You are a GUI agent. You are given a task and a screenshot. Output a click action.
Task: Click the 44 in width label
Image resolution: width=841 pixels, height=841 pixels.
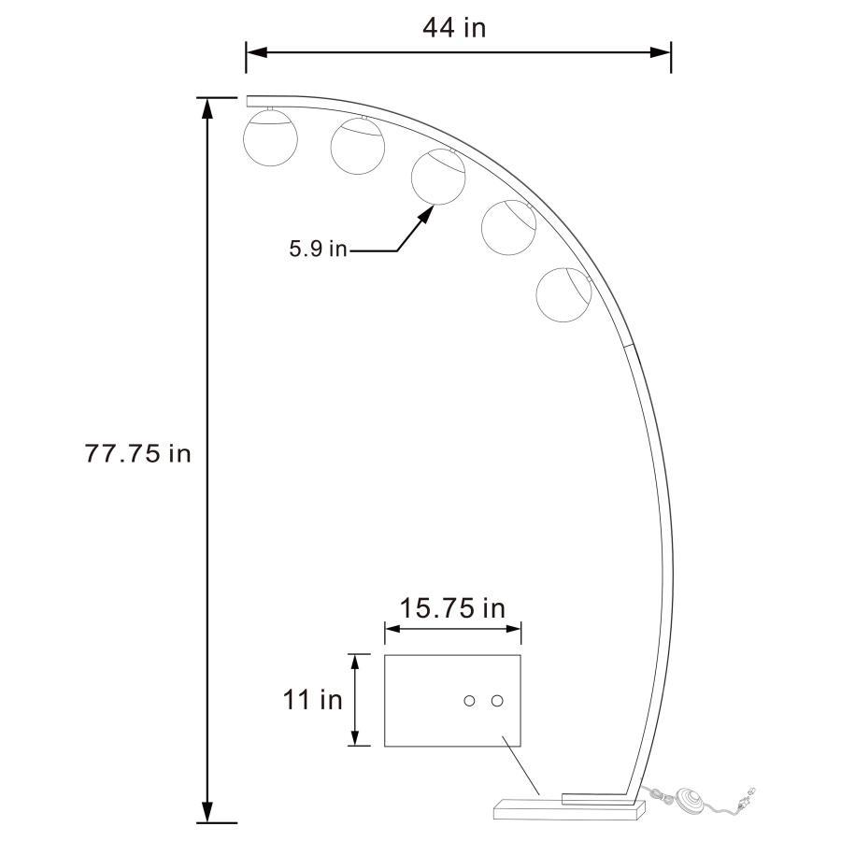[x=454, y=28]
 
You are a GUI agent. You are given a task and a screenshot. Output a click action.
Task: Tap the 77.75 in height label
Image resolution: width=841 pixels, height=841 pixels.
[x=138, y=453]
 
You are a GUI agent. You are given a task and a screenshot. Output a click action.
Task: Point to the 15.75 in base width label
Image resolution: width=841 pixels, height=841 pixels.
[x=452, y=608]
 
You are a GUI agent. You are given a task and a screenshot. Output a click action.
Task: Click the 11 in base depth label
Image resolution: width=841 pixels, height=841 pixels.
[x=313, y=699]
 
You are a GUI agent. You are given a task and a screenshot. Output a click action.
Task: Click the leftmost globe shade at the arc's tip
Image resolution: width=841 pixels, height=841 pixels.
[x=270, y=137]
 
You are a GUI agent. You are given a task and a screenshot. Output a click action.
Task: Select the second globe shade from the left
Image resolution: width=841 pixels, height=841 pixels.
[x=357, y=147]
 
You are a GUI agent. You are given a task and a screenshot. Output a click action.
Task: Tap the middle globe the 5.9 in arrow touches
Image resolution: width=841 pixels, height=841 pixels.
[x=438, y=178]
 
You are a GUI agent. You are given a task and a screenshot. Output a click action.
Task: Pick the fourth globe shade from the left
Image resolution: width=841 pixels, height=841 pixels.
[x=508, y=225]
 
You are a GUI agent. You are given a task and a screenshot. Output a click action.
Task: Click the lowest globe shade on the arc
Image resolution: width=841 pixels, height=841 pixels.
[x=563, y=292]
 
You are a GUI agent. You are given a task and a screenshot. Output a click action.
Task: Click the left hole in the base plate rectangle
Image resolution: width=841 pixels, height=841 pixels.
[x=470, y=701]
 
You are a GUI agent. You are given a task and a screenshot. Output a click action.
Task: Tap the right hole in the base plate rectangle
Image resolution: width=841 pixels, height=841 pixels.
[x=497, y=701]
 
